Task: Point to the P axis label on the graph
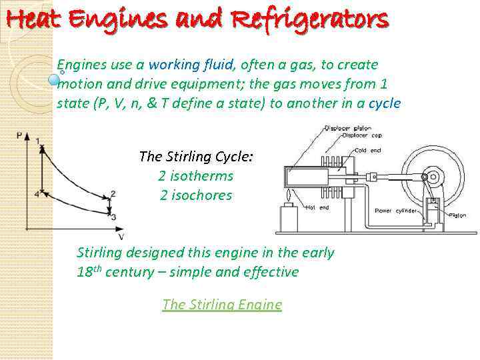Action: pyautogui.click(x=19, y=135)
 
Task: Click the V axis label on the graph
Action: pyautogui.click(x=121, y=236)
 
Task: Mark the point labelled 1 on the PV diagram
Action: pyautogui.click(x=39, y=141)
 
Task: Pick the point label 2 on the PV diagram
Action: pyautogui.click(x=113, y=193)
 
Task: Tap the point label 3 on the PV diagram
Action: pyautogui.click(x=113, y=217)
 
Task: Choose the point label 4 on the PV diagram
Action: pyautogui.click(x=37, y=194)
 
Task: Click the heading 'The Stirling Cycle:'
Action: pyautogui.click(x=195, y=157)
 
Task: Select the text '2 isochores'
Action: pyautogui.click(x=195, y=195)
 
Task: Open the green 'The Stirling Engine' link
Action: pyautogui.click(x=222, y=305)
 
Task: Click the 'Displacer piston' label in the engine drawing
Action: pyautogui.click(x=348, y=128)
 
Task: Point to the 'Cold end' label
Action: pyautogui.click(x=368, y=151)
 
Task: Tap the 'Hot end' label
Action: pyautogui.click(x=318, y=207)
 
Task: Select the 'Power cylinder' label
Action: pyautogui.click(x=396, y=211)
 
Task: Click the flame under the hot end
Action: pyautogui.click(x=288, y=197)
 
